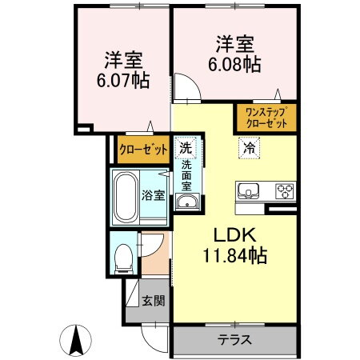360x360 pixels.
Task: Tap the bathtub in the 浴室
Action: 128,195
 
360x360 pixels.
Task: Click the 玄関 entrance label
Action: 153,302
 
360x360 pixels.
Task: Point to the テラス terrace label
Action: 235,339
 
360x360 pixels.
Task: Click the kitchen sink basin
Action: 248,191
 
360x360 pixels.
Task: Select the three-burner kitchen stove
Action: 284,191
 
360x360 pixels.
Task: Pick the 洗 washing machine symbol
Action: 186,147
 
